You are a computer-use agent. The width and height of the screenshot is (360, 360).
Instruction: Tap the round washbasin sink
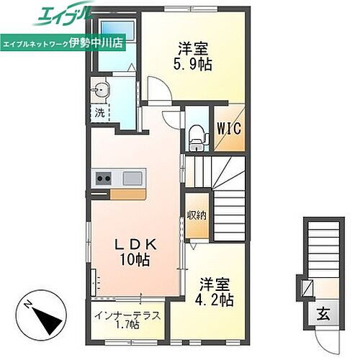100,91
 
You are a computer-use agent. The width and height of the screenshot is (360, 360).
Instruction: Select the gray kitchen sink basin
134,179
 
